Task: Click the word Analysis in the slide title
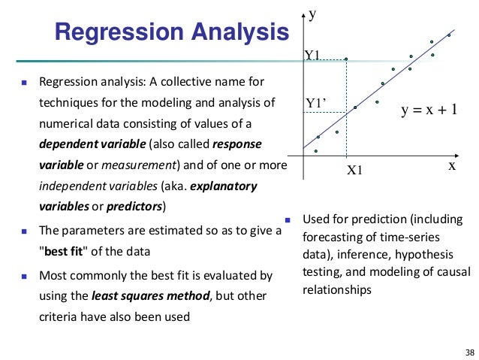(239, 32)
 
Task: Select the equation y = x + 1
(429, 110)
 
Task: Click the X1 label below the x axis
(354, 171)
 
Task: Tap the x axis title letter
(452, 166)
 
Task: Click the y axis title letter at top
(312, 14)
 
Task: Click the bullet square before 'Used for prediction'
(287, 220)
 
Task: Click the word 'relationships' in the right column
(336, 289)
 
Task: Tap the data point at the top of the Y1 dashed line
(345, 58)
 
